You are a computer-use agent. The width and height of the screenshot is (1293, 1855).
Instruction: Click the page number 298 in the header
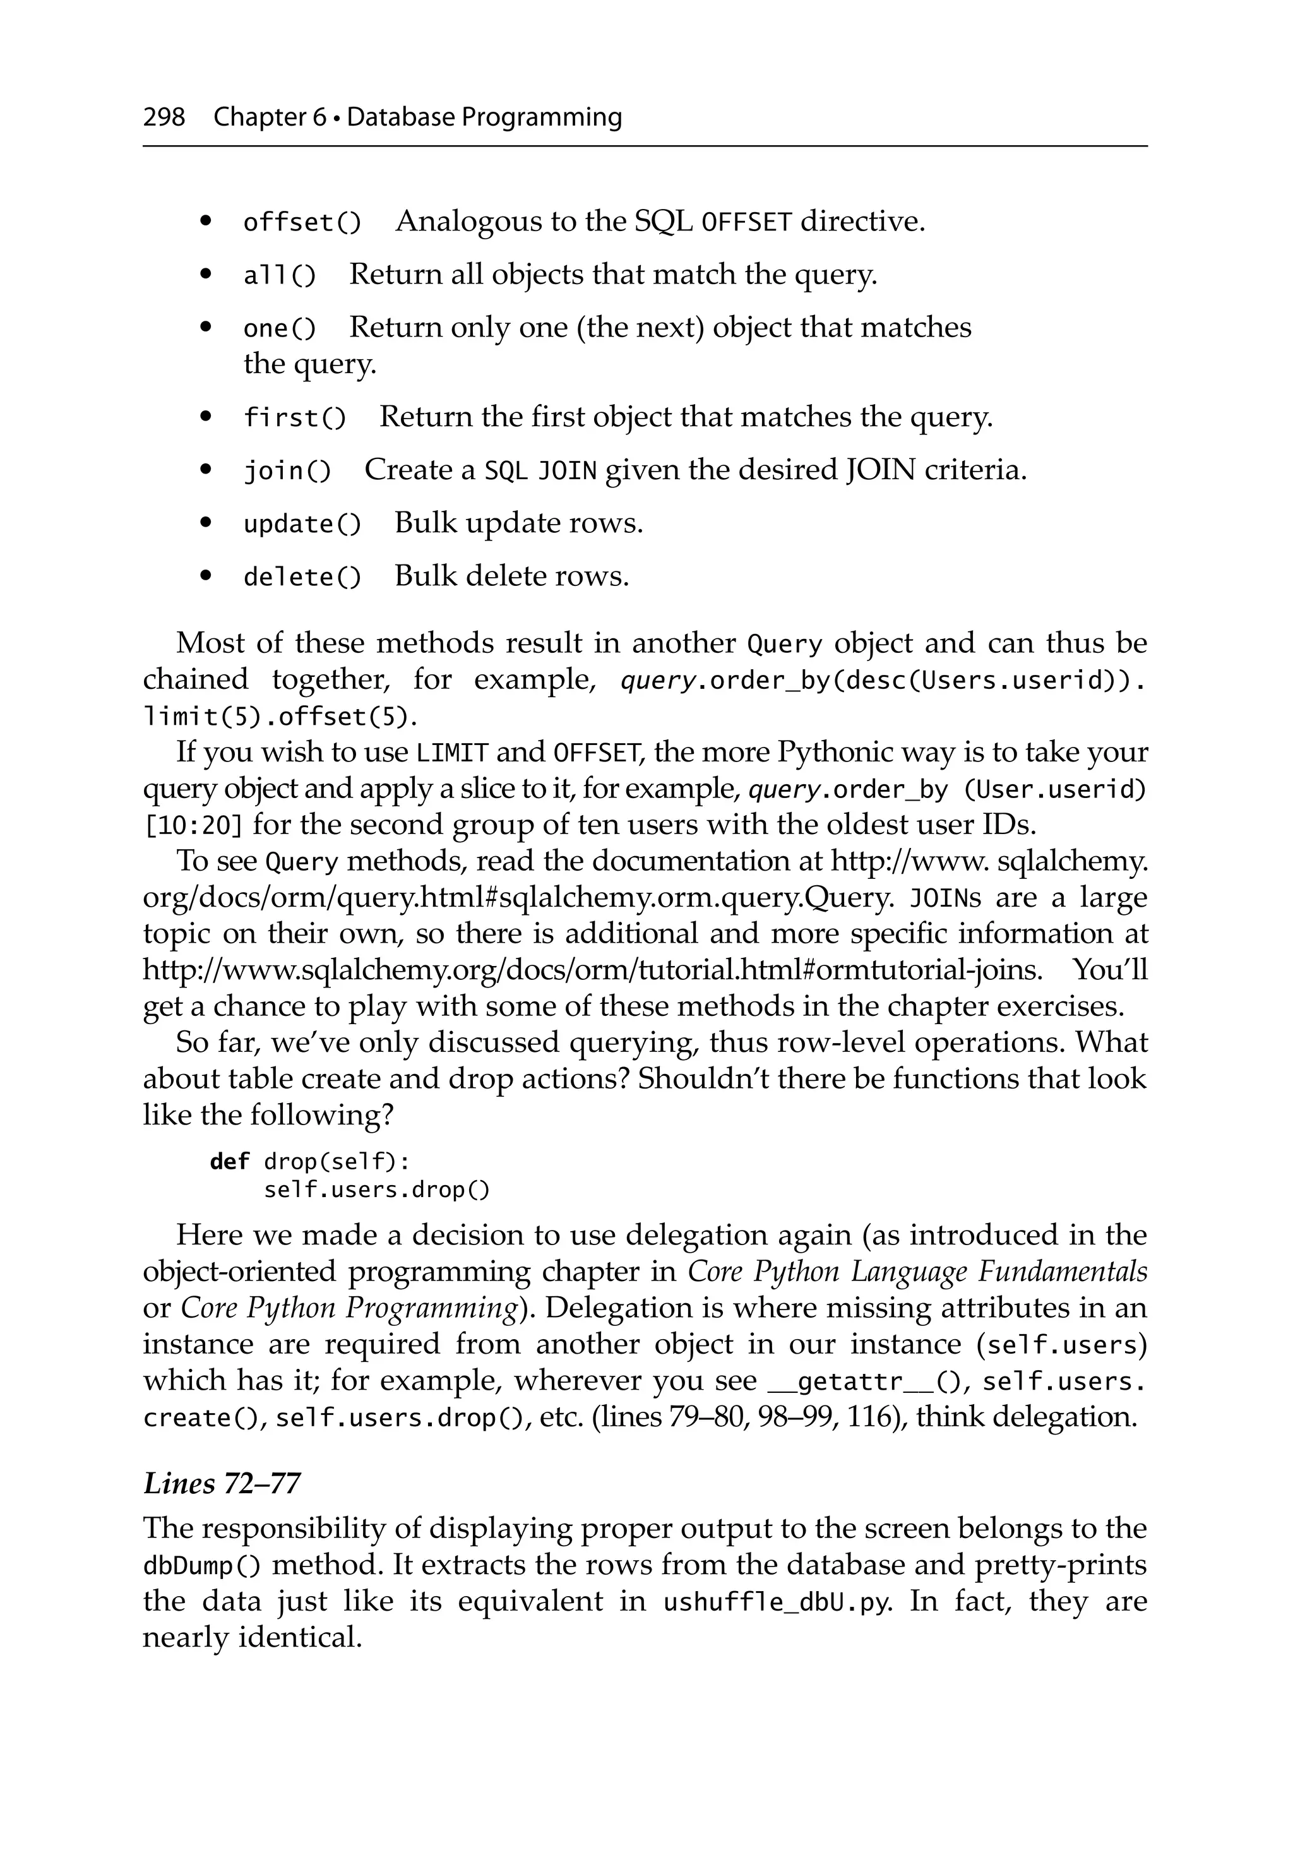pos(164,117)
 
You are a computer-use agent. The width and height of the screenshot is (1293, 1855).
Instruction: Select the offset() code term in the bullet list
pos(302,222)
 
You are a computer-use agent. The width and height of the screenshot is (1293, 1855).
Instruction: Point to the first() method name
pos(295,419)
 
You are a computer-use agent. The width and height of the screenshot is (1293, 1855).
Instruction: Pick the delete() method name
pos(302,578)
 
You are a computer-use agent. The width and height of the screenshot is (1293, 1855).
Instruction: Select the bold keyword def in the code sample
pos(230,1162)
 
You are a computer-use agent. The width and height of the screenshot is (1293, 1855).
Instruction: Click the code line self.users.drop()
pos(376,1190)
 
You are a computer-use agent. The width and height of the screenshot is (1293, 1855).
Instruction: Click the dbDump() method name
pos(202,1566)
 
